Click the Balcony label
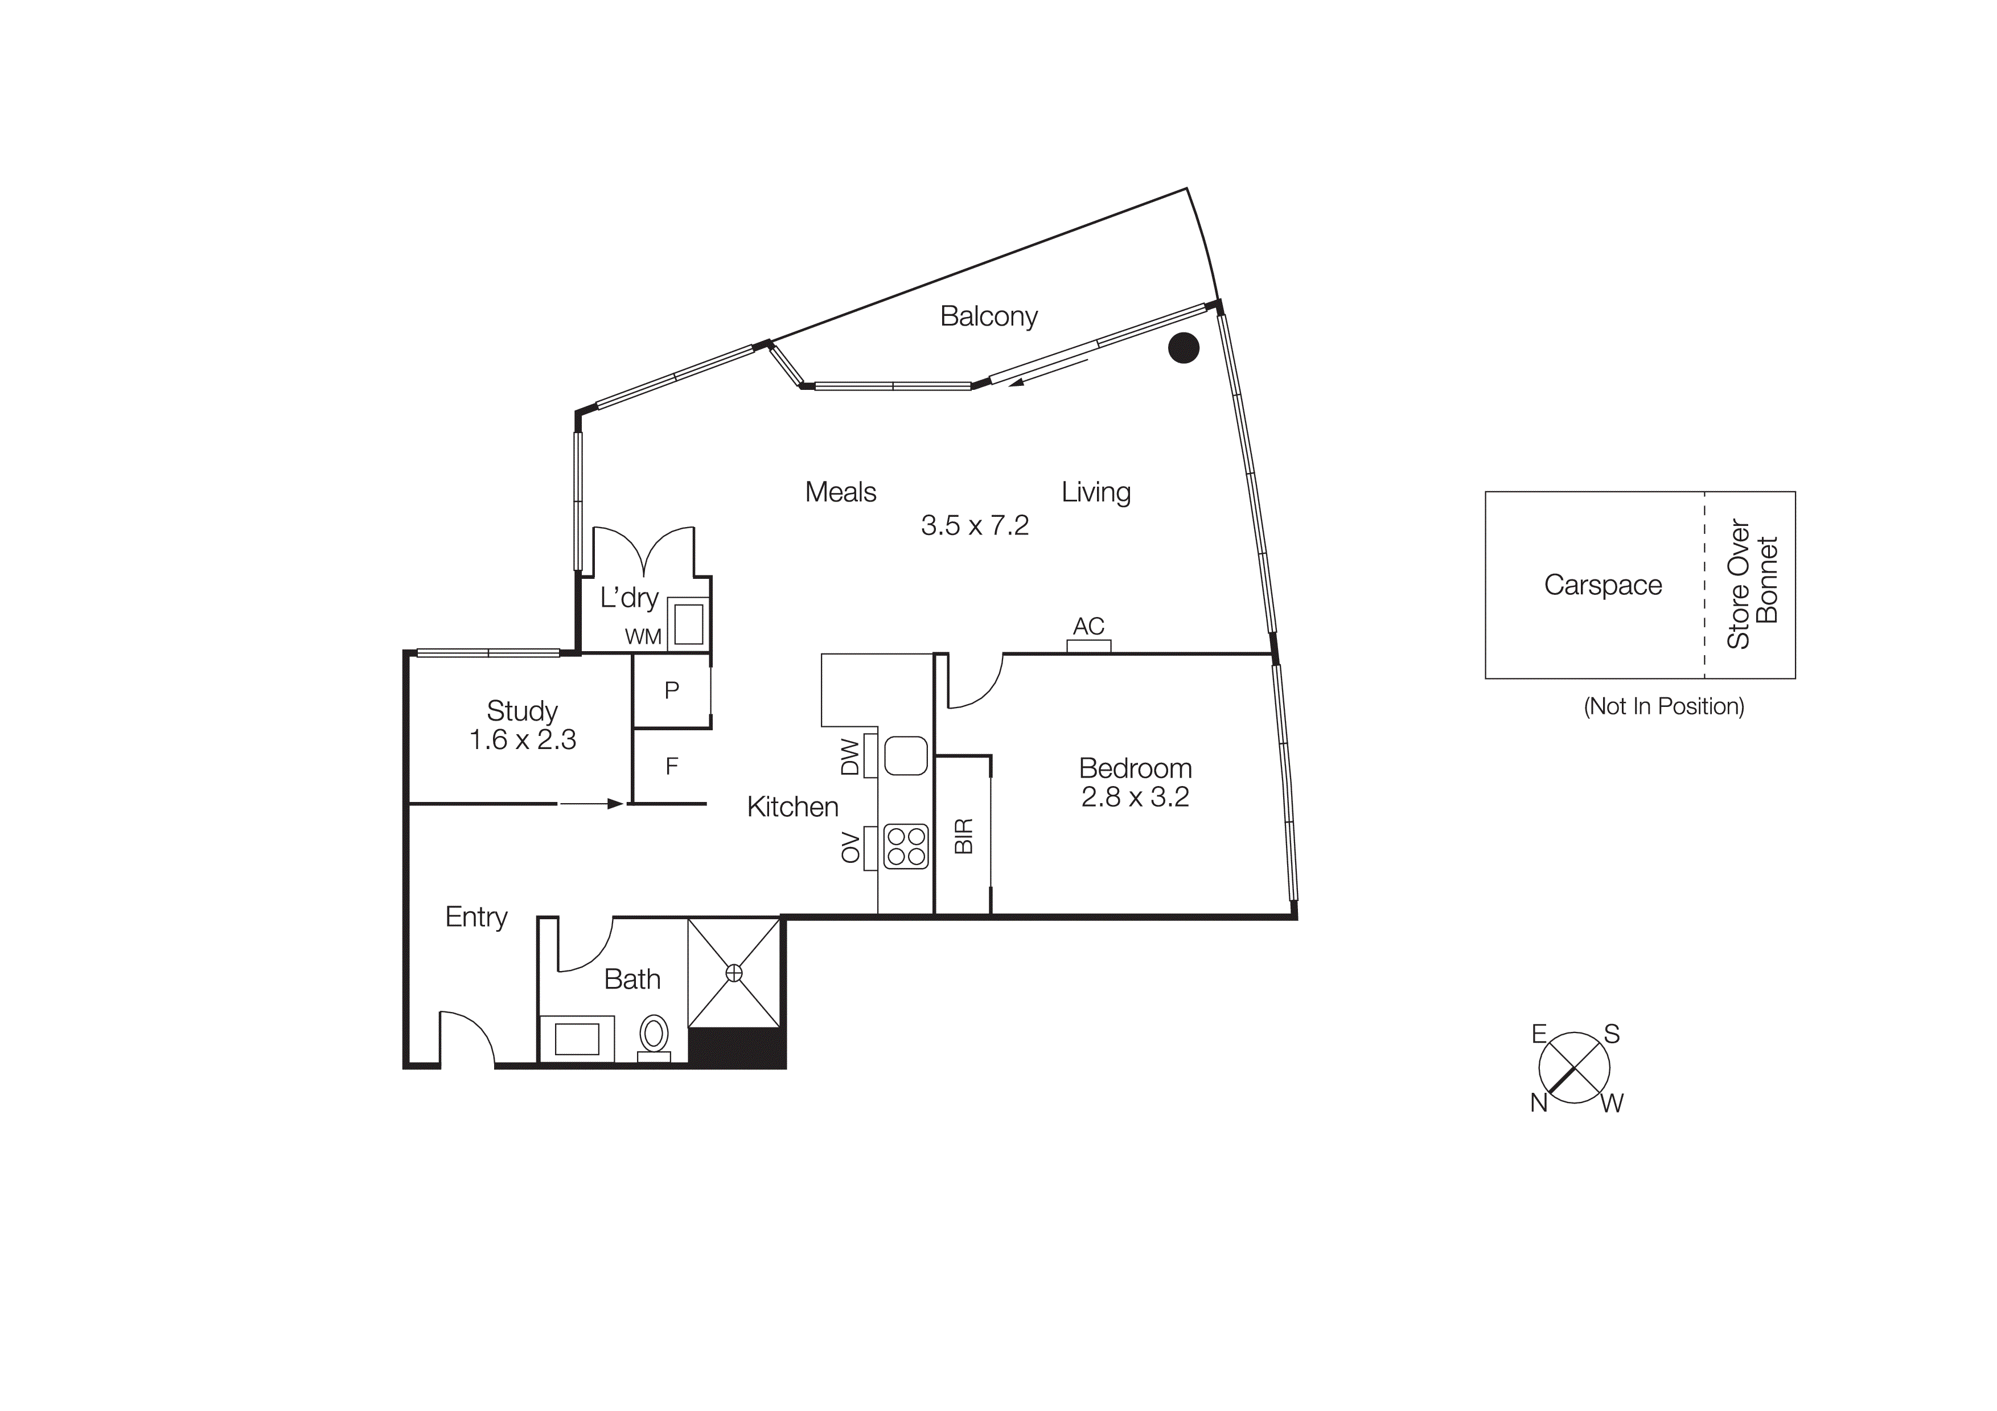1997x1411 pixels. pos(988,316)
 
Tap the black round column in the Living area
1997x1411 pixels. pos(1183,348)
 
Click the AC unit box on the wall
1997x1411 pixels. pos(1089,646)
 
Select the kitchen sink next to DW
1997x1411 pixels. pos(906,755)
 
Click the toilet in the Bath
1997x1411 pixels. pos(654,1035)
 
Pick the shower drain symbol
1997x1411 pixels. pos(734,972)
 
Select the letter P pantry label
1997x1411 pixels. pos(672,690)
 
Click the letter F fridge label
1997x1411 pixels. pos(672,766)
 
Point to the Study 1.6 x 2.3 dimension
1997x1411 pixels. pos(522,739)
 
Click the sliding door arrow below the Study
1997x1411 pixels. pos(591,804)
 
